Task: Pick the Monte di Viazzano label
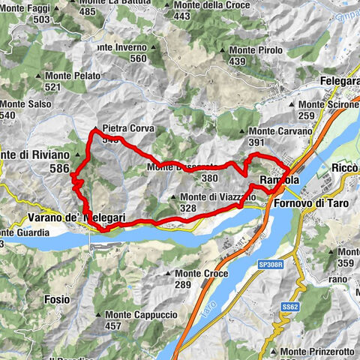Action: (x=217, y=197)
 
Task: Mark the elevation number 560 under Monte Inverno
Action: (x=137, y=58)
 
